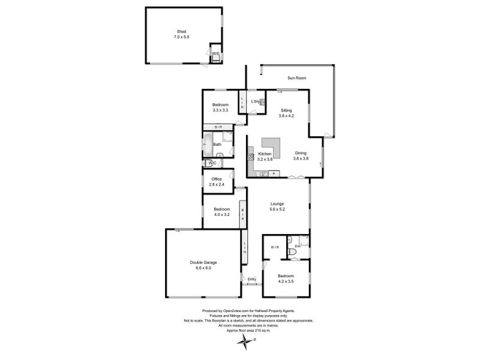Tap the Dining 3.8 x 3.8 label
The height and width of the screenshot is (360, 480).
(301, 157)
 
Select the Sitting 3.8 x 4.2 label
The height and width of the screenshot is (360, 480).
(287, 113)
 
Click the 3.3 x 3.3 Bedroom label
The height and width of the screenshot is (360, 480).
(220, 107)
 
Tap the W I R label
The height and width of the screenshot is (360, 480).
(276, 247)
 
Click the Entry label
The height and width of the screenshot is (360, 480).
(252, 279)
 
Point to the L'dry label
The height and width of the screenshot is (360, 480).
(256, 102)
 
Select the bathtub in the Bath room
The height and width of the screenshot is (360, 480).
(206, 145)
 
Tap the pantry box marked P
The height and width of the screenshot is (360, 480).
(274, 174)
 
